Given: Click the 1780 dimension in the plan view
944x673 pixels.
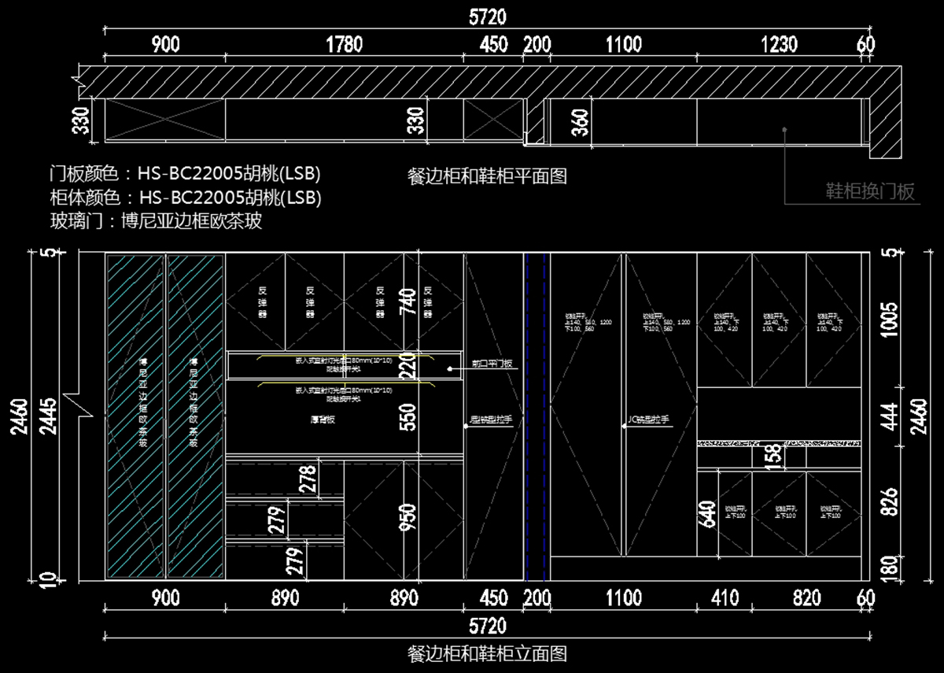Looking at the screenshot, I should click(x=344, y=45).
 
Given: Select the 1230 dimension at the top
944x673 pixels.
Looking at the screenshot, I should click(x=779, y=45).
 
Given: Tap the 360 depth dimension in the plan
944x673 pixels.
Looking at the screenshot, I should click(x=581, y=122).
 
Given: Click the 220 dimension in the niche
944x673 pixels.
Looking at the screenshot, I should click(x=407, y=365).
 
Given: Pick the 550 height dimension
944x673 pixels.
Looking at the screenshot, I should click(x=407, y=418).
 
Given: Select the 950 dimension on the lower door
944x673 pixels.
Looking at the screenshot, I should click(x=407, y=518).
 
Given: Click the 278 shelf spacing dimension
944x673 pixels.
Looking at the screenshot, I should click(x=308, y=479).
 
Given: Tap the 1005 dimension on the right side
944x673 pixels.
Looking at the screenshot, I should click(x=888, y=320).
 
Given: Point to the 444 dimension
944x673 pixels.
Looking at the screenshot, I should click(x=888, y=414).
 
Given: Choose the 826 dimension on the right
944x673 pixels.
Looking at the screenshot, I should click(x=888, y=501).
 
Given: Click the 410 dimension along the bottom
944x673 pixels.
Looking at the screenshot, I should click(x=724, y=598).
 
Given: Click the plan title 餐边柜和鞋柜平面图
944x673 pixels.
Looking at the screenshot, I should click(x=488, y=176).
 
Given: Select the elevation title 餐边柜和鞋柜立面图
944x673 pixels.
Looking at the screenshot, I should click(x=488, y=653).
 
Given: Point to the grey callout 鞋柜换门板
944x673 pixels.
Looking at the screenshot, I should click(x=869, y=191).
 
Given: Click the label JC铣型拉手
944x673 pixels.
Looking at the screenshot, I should click(x=650, y=420).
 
